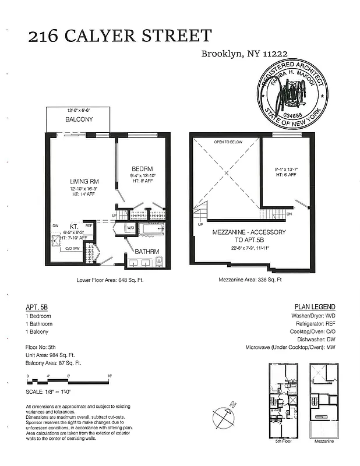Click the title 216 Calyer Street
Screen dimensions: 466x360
[119, 36]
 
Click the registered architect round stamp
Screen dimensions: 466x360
[294, 94]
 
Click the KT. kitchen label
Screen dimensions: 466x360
[74, 226]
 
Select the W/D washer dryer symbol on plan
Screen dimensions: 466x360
[130, 228]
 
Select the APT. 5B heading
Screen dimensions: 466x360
[37, 306]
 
